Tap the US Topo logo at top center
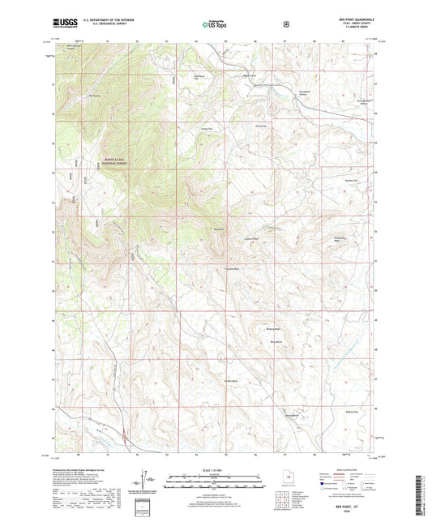(215, 24)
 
